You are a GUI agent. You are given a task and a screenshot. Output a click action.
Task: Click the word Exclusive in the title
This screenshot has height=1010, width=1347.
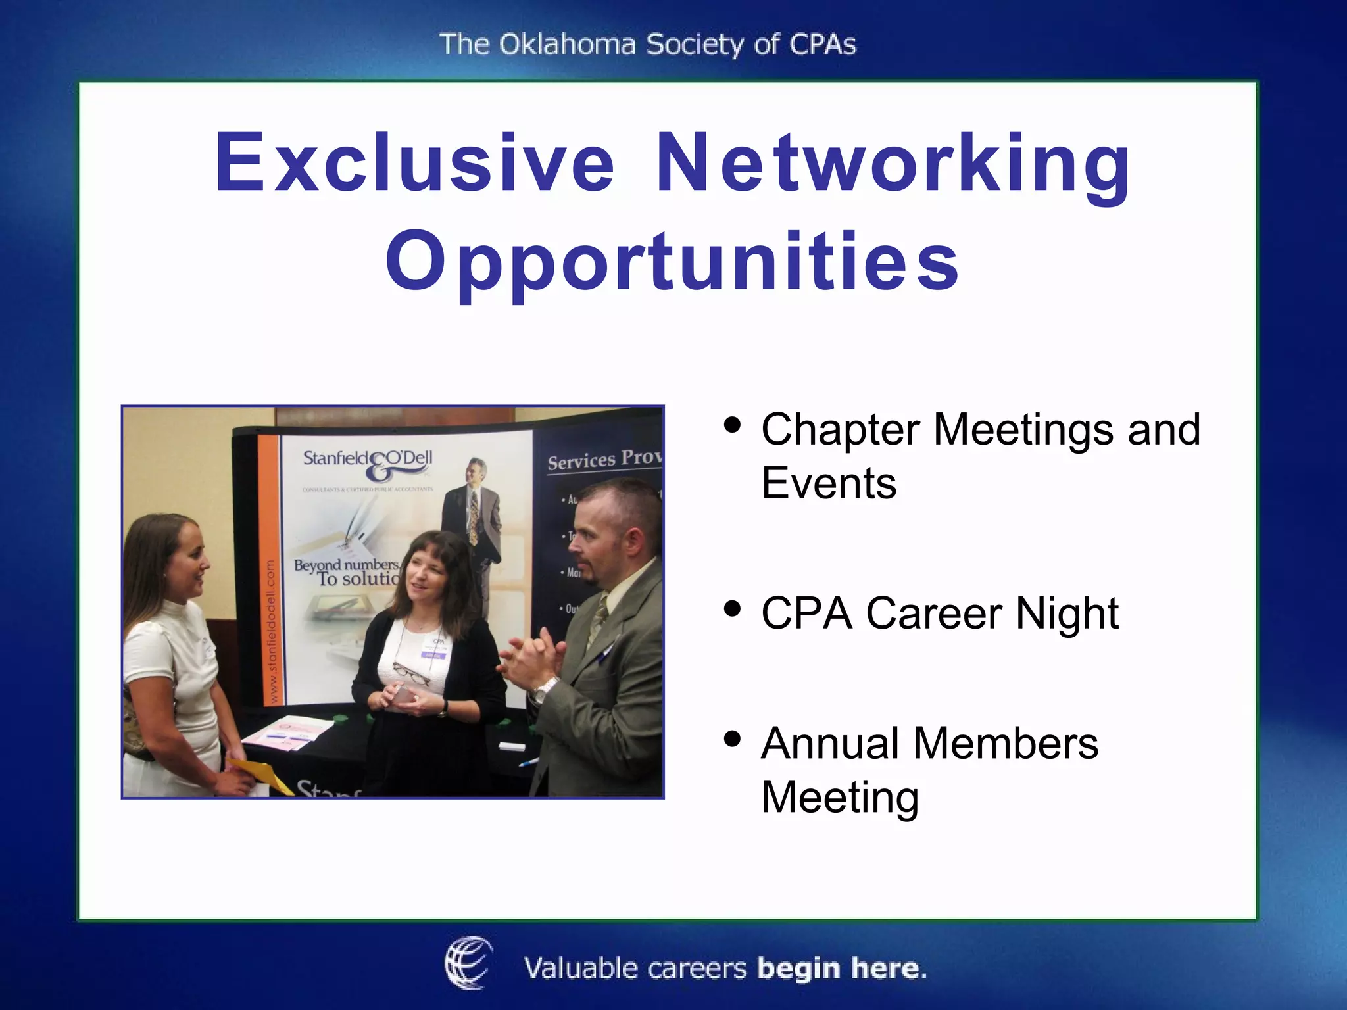[414, 162]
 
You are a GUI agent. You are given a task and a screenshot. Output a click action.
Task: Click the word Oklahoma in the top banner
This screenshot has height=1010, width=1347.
[567, 45]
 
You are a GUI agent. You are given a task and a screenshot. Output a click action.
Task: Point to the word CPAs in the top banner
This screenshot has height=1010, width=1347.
[822, 45]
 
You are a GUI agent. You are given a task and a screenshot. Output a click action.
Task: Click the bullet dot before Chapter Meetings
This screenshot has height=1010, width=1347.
[731, 425]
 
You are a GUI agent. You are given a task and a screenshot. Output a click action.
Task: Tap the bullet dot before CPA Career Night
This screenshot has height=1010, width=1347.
[731, 608]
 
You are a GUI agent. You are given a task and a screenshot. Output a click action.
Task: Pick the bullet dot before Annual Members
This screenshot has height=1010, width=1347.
[731, 739]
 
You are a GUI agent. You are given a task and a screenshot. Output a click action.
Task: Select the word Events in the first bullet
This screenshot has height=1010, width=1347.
[829, 483]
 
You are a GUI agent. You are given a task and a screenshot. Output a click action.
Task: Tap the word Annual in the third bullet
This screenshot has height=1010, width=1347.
[831, 744]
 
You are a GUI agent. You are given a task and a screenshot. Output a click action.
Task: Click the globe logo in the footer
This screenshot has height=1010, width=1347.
[468, 963]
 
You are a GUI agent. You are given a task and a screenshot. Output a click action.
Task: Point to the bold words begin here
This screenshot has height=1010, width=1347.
[842, 969]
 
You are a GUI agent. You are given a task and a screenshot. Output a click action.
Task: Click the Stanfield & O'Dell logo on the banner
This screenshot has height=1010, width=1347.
[368, 463]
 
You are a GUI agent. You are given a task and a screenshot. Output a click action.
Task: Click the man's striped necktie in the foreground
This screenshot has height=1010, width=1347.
[598, 621]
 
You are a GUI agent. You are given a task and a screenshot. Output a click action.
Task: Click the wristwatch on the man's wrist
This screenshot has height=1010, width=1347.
[543, 690]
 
